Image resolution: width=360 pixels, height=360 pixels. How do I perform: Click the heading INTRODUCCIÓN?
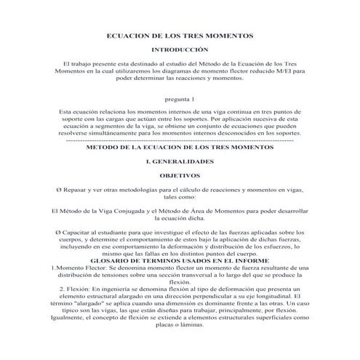[x=179, y=50]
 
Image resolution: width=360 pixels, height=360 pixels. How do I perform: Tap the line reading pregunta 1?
[x=179, y=97]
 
